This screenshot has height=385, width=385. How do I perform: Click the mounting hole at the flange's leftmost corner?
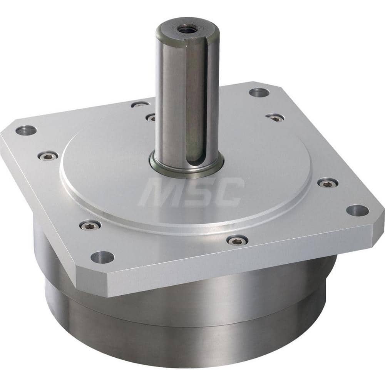[x=26, y=131]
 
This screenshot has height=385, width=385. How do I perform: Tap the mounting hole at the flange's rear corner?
[x=259, y=92]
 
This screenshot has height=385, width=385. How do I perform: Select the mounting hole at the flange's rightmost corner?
[x=357, y=210]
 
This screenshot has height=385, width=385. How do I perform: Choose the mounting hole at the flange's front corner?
[x=102, y=256]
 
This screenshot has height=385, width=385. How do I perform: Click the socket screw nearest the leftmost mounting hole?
[x=48, y=156]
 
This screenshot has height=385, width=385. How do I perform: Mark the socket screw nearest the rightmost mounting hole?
[x=328, y=183]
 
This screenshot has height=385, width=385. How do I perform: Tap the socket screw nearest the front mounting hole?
[x=90, y=225]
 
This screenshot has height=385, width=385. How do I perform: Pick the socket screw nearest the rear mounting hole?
[x=275, y=117]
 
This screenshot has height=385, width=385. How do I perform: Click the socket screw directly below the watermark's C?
[x=237, y=240]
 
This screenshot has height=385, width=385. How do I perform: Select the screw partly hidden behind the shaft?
[x=151, y=117]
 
